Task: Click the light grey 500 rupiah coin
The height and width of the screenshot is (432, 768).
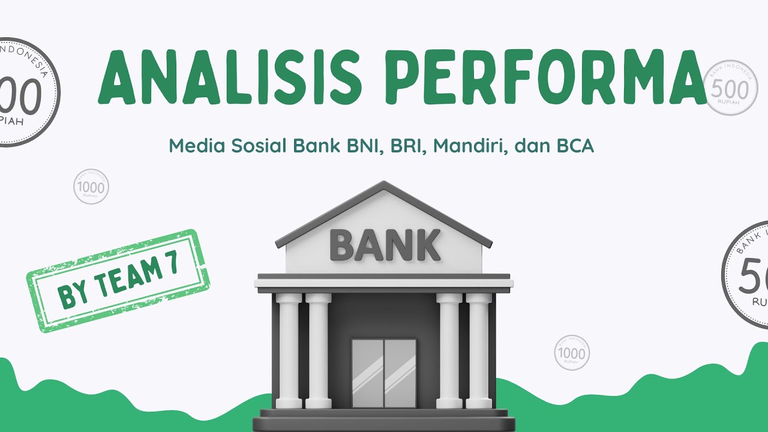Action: pyautogui.click(x=728, y=88)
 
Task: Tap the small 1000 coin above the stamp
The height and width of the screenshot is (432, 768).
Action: pyautogui.click(x=91, y=187)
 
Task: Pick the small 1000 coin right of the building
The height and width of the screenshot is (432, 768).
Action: pyautogui.click(x=571, y=353)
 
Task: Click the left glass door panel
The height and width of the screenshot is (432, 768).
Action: pyautogui.click(x=367, y=373)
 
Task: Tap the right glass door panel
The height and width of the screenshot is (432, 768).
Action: pyautogui.click(x=400, y=373)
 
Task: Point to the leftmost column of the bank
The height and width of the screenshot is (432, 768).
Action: pyautogui.click(x=289, y=351)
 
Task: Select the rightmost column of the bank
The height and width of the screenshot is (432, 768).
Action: pyautogui.click(x=479, y=351)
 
